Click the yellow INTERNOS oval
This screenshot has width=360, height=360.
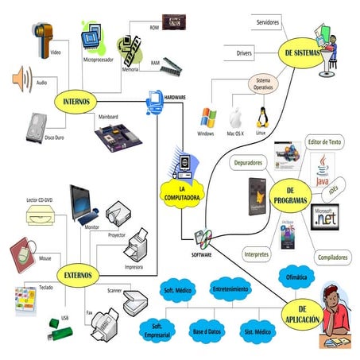pos(75,102)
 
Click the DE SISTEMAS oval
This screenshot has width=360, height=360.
pos(304,53)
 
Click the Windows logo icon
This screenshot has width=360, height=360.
pos(207,118)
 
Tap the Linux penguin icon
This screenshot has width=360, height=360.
pos(260,118)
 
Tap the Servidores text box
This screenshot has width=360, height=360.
pos(267,23)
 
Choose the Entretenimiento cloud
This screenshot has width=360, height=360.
pos(230,288)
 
